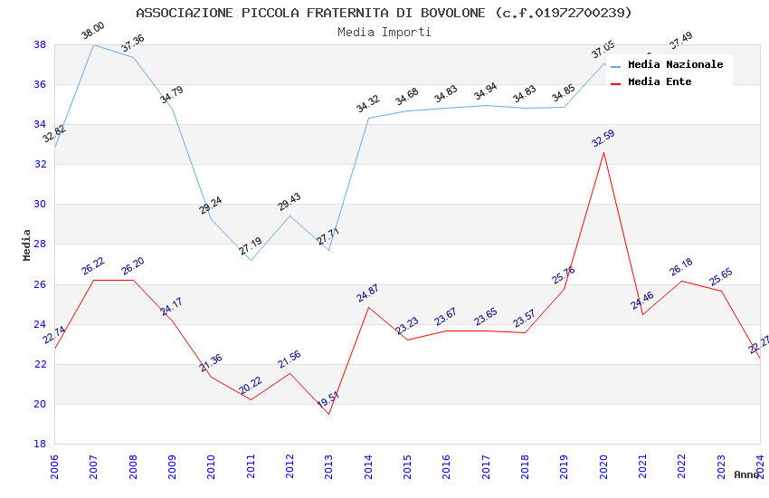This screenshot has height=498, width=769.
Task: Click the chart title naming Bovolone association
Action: coord(384,13)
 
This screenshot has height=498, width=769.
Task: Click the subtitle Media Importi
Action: coord(384,32)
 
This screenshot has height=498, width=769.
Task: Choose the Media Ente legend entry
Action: coord(660,81)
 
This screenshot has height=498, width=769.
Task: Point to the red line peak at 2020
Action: coord(603,152)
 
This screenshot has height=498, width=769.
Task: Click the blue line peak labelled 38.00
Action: coord(93,44)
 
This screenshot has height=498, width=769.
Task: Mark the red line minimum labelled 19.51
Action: coord(328,414)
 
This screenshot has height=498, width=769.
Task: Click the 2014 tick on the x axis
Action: coord(368,465)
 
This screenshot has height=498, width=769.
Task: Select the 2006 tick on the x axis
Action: coord(54,465)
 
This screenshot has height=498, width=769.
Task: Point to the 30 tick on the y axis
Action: coord(40,205)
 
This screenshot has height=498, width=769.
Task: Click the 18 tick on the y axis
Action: coord(40,444)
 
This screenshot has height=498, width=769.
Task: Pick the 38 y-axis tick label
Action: coord(40,44)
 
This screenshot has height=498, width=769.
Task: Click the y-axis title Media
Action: coord(27,244)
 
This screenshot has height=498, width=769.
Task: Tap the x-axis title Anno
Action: coord(746,474)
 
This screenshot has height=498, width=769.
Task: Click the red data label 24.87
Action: coord(367,293)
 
